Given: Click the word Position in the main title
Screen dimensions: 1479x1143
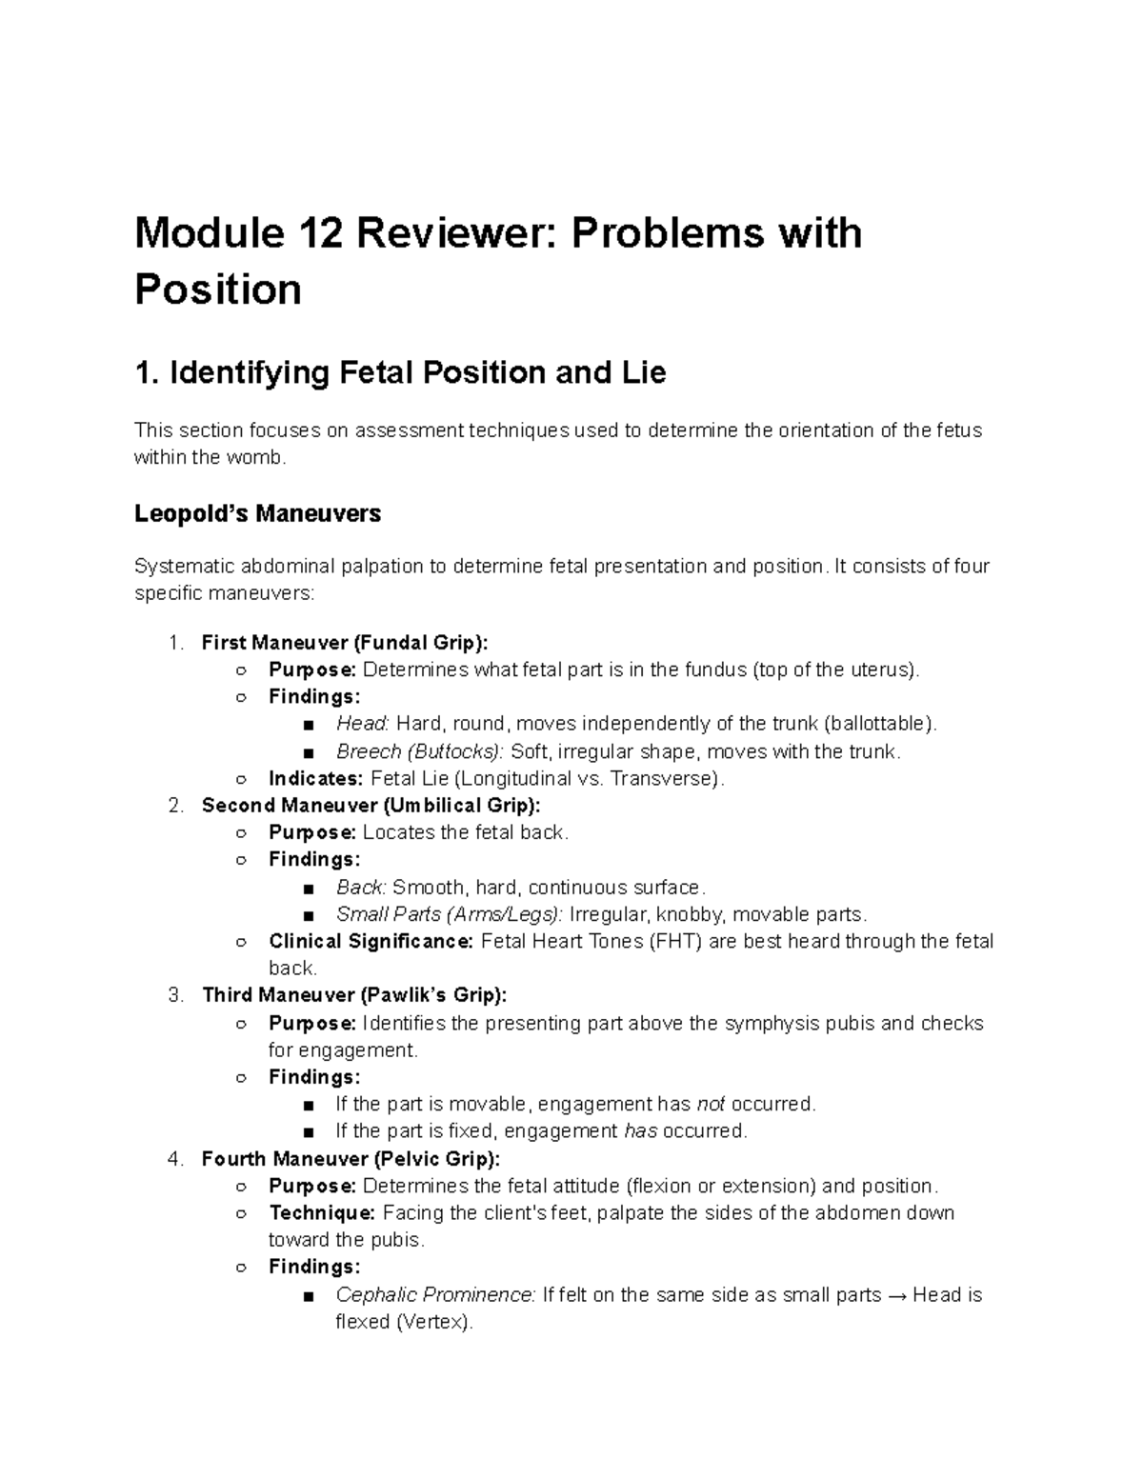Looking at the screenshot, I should click(x=218, y=289).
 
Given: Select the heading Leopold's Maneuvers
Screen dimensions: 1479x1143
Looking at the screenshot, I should click(x=257, y=513).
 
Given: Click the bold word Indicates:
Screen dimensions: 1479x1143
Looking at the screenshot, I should click(x=315, y=778).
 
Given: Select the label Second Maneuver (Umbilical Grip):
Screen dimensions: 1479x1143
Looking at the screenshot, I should click(x=371, y=806).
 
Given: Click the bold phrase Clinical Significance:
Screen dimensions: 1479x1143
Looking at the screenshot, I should click(x=371, y=942).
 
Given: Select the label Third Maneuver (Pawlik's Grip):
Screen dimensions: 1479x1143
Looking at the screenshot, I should click(x=354, y=995).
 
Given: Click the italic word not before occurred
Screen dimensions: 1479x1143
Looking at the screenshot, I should click(x=711, y=1104).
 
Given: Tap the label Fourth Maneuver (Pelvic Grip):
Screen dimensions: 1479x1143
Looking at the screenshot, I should click(x=351, y=1159).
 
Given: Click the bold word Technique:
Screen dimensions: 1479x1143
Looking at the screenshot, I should click(x=323, y=1213).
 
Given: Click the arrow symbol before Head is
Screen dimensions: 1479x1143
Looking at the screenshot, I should click(x=897, y=1295).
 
